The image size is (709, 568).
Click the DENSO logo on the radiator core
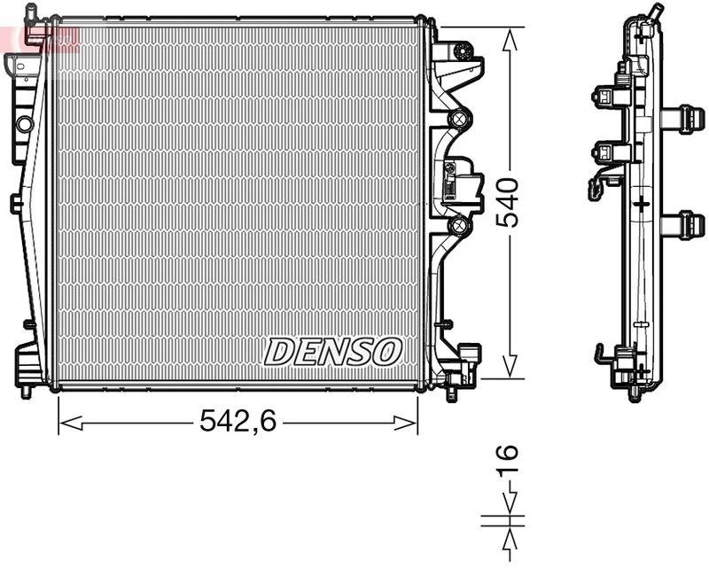pos(332,351)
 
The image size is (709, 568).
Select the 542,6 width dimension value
pos(238,423)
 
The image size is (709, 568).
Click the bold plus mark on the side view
pos(640,204)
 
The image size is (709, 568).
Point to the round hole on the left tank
pos(24,123)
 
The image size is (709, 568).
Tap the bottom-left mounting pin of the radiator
pos(26,390)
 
